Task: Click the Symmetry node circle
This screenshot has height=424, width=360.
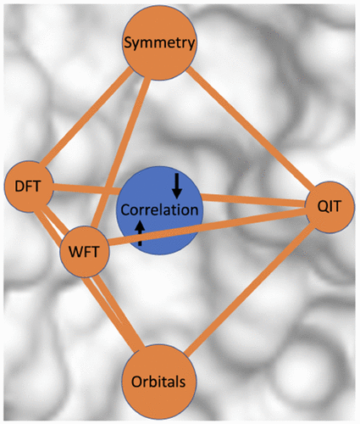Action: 158,43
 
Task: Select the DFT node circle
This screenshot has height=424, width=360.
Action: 29,187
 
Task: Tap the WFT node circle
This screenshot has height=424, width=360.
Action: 85,252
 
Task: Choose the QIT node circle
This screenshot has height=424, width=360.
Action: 330,207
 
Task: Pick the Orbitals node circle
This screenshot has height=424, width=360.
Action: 158,382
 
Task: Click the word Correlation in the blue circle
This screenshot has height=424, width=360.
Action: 159,210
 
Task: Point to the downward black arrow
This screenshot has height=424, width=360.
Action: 177,186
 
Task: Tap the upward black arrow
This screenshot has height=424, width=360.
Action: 140,233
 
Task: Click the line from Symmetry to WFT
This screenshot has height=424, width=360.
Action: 120,154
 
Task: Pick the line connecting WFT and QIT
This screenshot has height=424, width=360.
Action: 207,226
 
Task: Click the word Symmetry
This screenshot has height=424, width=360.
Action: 159,43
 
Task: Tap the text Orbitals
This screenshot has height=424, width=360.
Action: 158,382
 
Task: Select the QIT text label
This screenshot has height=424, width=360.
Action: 330,207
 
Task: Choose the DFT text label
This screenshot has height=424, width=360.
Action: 28,187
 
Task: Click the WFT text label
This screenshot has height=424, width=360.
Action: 84,252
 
